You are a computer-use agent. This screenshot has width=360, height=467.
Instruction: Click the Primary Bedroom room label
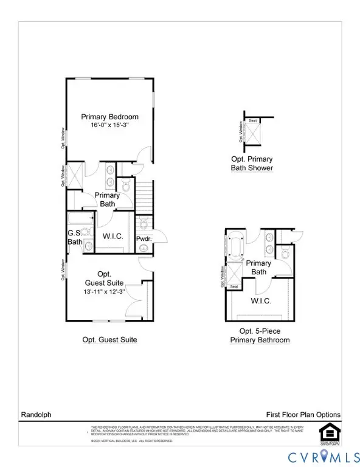[x=110, y=117]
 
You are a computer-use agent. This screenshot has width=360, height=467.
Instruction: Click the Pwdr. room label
[x=144, y=240]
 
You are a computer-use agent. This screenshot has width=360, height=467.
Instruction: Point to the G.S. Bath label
[x=75, y=237]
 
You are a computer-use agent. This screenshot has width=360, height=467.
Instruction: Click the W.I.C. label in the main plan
[x=113, y=237]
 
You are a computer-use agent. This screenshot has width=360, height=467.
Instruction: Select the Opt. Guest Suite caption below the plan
[x=109, y=340]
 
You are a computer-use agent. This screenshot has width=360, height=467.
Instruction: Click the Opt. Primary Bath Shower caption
[x=252, y=164]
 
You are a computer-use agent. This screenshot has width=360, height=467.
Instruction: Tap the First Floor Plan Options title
[x=303, y=415]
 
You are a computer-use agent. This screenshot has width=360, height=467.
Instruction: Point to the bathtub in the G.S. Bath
[x=80, y=217]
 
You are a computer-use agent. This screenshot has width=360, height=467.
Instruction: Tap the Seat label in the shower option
[x=252, y=121]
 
